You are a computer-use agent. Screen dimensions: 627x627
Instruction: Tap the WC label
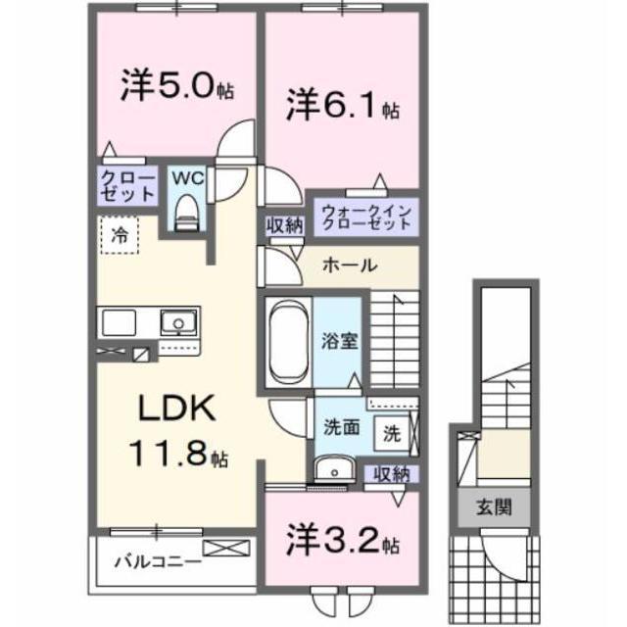pos(187,179)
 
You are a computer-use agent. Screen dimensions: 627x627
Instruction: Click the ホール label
pos(351,265)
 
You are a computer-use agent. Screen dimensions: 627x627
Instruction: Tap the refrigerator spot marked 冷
pos(119,234)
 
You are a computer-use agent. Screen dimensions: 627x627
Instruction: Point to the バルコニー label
pos(157,561)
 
